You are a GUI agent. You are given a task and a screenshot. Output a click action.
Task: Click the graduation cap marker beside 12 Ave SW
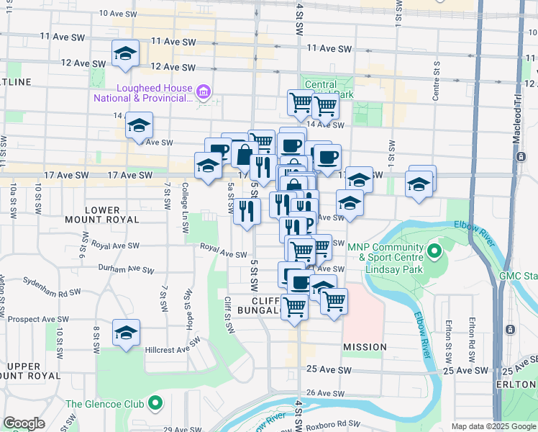(125, 54)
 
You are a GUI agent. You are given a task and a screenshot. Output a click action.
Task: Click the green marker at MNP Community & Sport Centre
(434, 251)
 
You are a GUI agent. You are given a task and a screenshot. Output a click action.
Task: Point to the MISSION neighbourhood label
(365, 347)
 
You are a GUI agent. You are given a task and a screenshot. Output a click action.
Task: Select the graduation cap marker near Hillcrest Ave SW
(126, 333)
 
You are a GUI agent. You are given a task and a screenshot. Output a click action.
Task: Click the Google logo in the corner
(24, 423)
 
